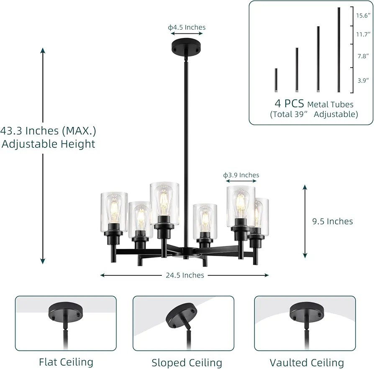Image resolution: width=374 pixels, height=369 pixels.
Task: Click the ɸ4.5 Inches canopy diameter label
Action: [187, 28]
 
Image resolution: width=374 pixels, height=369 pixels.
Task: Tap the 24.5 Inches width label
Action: [185, 275]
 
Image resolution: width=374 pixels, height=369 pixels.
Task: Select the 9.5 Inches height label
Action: [333, 221]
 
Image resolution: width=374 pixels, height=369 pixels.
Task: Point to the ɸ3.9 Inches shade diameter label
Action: [241, 175]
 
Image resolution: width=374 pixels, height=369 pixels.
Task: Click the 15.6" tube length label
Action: [363, 15]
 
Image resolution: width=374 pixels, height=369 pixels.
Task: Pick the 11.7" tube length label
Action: [363, 35]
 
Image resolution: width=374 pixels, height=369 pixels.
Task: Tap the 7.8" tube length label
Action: [363, 56]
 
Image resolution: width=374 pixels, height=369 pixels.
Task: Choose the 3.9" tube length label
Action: [363, 80]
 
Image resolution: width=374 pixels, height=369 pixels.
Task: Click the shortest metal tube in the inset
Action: [276, 80]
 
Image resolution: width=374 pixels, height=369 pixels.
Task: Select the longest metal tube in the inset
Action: [339, 50]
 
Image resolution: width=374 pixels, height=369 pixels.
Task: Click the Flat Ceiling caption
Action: [66, 362]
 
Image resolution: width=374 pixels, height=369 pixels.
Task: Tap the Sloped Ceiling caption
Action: [187, 363]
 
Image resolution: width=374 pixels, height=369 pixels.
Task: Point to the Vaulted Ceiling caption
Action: [307, 363]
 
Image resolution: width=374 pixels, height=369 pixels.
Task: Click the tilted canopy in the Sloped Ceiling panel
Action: [182, 315]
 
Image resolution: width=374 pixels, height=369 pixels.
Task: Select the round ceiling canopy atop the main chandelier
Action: [186, 47]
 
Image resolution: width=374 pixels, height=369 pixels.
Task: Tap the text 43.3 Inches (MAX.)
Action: [48, 130]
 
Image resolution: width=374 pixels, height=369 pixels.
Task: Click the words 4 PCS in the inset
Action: [289, 103]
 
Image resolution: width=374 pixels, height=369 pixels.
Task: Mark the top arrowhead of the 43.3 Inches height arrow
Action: [43, 50]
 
